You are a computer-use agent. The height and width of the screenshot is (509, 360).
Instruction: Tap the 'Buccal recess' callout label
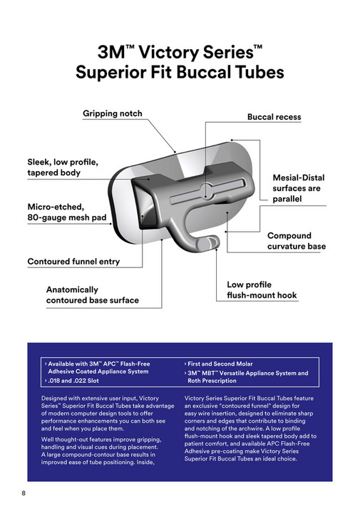click(274, 117)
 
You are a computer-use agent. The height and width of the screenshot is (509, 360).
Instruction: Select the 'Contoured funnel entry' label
click(73, 262)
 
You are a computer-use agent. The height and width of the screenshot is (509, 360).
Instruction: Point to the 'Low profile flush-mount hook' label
click(262, 289)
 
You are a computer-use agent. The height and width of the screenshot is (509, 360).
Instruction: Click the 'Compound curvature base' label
click(296, 241)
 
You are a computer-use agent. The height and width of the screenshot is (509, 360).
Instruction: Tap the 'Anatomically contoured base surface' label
click(92, 295)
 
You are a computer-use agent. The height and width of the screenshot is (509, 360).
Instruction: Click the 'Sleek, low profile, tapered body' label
click(63, 167)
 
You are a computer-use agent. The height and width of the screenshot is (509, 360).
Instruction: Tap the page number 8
click(24, 494)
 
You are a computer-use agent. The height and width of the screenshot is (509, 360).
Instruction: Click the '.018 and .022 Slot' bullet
click(74, 381)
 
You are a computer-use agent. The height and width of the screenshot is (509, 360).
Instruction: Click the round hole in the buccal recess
click(206, 190)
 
